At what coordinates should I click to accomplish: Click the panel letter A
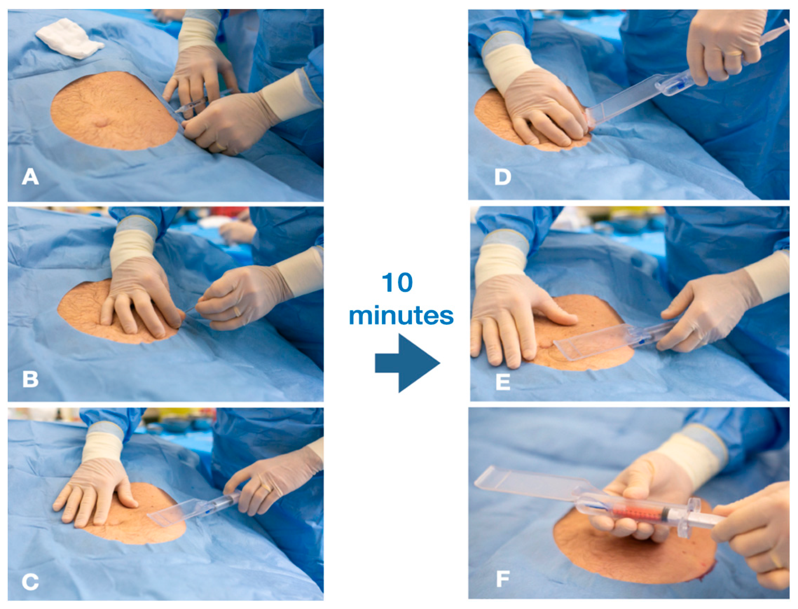[x=30, y=177]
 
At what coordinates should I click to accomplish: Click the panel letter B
[x=30, y=379]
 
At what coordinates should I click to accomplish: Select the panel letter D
[x=503, y=177]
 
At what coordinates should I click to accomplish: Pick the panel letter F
[x=503, y=579]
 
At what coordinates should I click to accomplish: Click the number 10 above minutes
[x=398, y=283]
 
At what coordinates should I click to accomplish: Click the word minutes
[x=401, y=315]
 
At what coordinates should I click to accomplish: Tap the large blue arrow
[x=408, y=363]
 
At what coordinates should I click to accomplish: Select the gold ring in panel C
[x=267, y=488]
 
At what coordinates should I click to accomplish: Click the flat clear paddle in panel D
[x=627, y=100]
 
